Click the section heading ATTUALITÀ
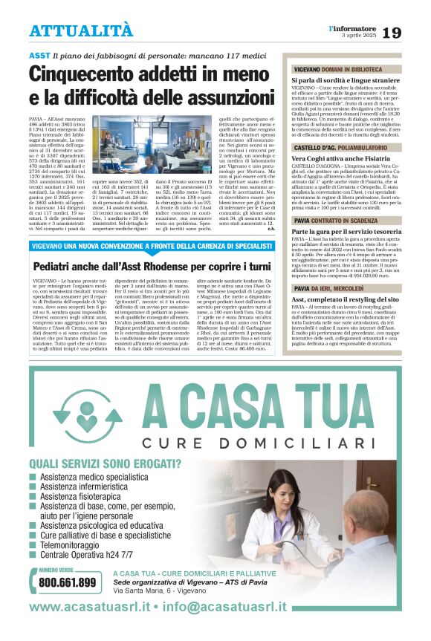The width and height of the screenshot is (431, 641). tap(81, 31)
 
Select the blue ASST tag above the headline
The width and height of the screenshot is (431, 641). tap(39, 56)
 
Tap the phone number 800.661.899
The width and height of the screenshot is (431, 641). tap(67, 582)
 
